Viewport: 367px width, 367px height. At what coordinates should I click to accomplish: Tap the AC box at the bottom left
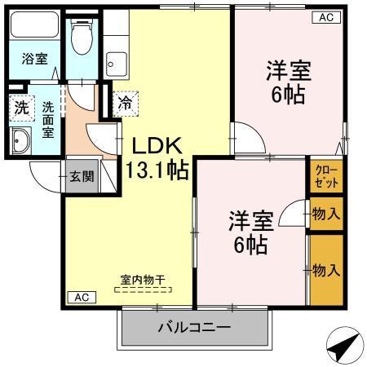pyautogui.click(x=80, y=298)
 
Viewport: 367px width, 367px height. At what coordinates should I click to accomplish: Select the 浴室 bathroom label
pyautogui.click(x=33, y=59)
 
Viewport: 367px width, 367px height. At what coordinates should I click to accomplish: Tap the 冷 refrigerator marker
pyautogui.click(x=126, y=103)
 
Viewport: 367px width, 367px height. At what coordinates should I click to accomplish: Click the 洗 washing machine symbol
pyautogui.click(x=20, y=107)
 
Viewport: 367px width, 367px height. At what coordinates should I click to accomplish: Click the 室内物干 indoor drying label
pyautogui.click(x=143, y=280)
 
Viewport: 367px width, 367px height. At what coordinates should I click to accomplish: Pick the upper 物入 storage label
pyautogui.click(x=326, y=214)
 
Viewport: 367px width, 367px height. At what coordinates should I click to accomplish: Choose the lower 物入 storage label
pyautogui.click(x=326, y=269)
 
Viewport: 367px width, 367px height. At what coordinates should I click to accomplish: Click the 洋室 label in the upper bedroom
pyautogui.click(x=287, y=70)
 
